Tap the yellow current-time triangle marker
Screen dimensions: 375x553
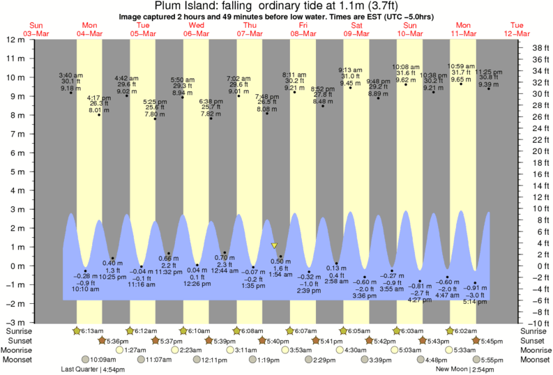pyautogui.click(x=275, y=245)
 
